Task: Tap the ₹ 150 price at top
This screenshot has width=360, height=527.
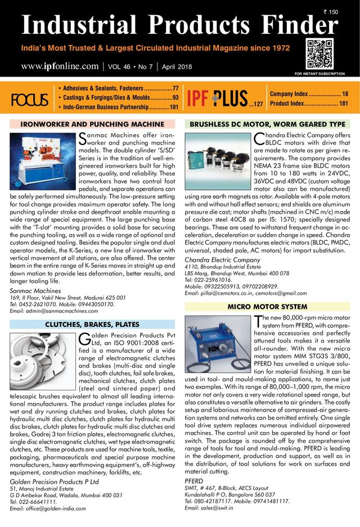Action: point(331,12)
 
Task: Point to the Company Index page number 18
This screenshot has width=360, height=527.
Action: point(345,93)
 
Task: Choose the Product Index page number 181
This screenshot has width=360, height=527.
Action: point(343,103)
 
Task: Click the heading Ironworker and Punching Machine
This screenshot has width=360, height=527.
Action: point(92,124)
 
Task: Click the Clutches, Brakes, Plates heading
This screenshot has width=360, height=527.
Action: point(92,325)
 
